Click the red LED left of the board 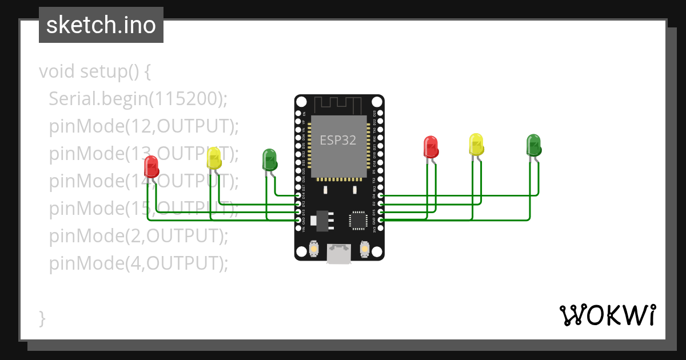(x=151, y=166)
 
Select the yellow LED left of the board (x=214, y=158)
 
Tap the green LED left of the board (x=269, y=159)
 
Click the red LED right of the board (x=430, y=146)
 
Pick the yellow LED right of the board (x=476, y=145)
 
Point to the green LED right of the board (x=533, y=145)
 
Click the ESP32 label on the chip (x=338, y=140)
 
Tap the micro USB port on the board (x=339, y=254)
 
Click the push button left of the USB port (x=313, y=249)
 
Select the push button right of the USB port (x=365, y=249)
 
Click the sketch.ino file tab (x=101, y=25)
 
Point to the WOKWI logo (x=607, y=315)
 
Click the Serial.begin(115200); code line (x=138, y=99)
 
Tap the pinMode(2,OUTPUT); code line (x=138, y=235)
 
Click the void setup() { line (x=95, y=71)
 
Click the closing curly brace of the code (x=42, y=318)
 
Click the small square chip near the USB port (x=358, y=220)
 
